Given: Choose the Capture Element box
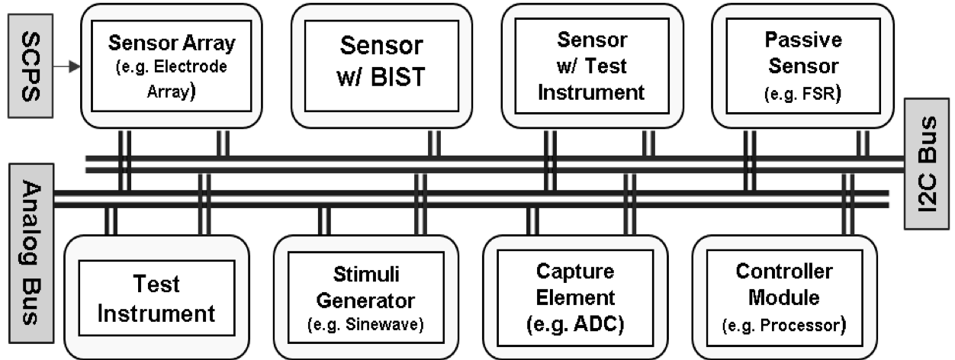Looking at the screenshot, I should (x=575, y=297).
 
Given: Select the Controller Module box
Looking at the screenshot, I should (x=784, y=297).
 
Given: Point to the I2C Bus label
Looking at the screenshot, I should (x=925, y=163).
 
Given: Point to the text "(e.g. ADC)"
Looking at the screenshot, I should (x=575, y=324).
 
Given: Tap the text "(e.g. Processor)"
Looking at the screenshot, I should (x=784, y=325).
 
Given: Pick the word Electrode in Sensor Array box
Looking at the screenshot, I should (x=201, y=66).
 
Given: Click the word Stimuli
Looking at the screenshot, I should (x=366, y=274).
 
